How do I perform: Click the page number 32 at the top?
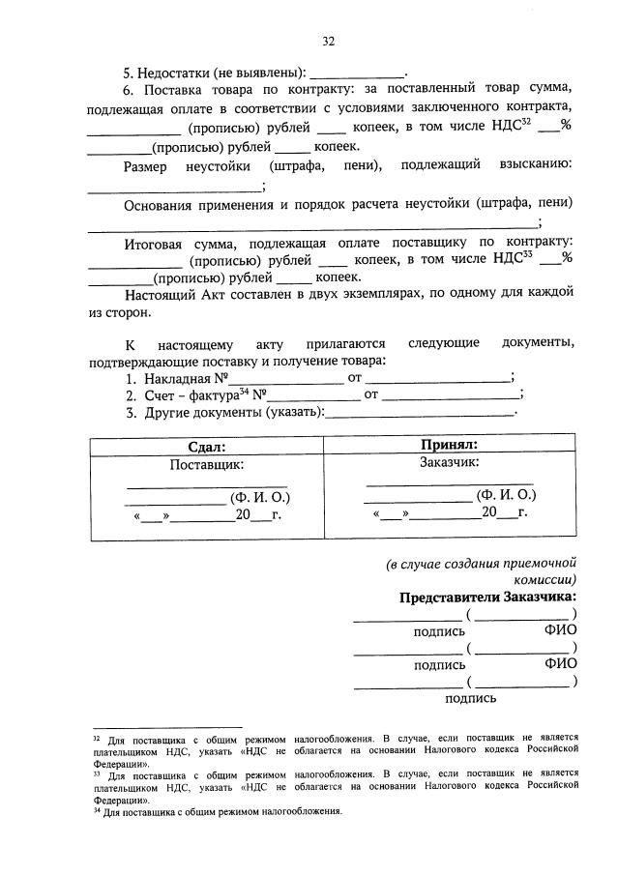pos(328,41)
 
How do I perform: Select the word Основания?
pos(162,203)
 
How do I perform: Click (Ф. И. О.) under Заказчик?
pos(505,495)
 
